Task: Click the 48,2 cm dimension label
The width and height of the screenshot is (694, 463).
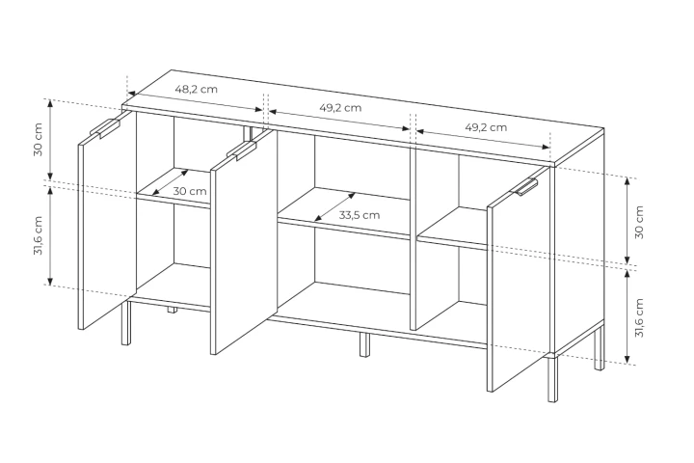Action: [197, 89]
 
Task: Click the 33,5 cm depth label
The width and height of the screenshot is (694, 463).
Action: [360, 215]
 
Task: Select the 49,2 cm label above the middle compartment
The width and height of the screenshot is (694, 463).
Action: [340, 108]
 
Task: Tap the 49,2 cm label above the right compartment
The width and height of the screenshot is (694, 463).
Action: [486, 127]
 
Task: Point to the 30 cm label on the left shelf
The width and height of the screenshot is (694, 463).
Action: [190, 191]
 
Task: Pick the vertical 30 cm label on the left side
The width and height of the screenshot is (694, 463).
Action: [38, 139]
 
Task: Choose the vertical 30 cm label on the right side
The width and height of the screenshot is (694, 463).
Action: [639, 223]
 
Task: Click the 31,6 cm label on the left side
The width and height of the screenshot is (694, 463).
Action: [38, 235]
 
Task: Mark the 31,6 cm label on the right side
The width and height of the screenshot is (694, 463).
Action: [639, 317]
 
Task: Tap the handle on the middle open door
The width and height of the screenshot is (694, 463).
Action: [242, 150]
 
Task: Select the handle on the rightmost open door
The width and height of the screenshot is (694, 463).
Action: [524, 186]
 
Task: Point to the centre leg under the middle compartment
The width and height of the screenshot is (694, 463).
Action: [363, 344]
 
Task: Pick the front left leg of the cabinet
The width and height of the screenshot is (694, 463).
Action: [126, 322]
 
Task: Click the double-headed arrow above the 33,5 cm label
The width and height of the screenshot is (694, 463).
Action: [334, 207]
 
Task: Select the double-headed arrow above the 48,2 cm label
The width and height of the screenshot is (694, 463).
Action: [195, 101]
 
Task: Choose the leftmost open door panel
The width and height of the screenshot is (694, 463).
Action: [107, 220]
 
